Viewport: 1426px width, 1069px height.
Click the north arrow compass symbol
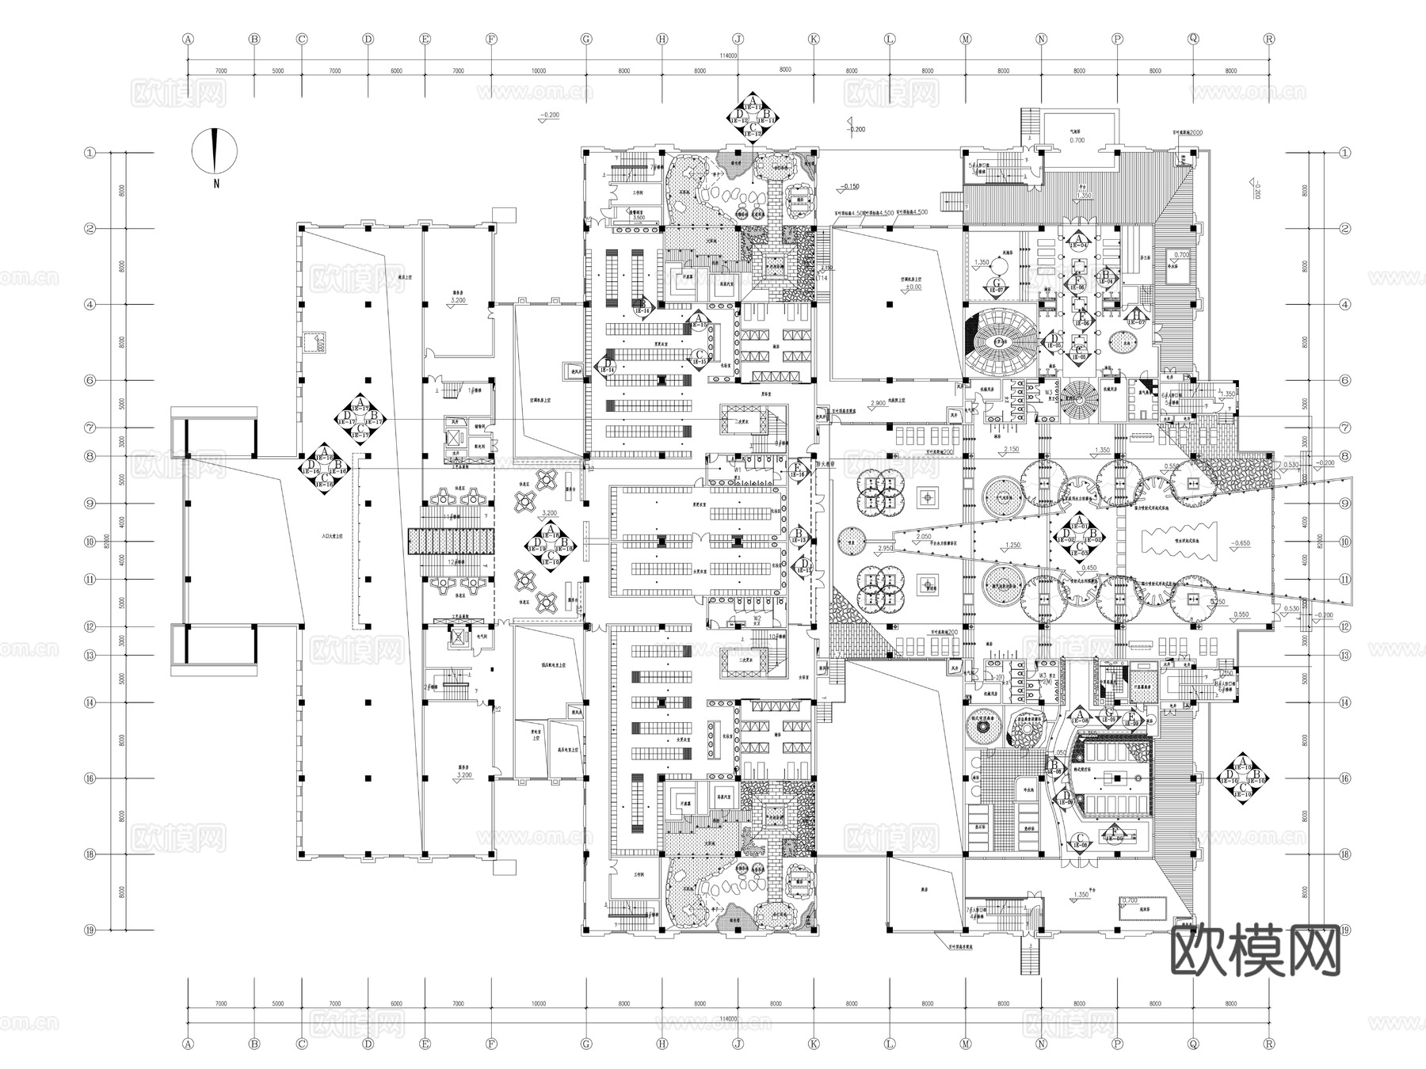[214, 150]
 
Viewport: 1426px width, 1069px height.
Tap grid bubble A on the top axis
[188, 38]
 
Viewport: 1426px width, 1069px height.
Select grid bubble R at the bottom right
[1269, 1044]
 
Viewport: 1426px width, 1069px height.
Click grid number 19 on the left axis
[90, 930]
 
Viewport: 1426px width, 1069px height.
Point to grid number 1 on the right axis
[1344, 153]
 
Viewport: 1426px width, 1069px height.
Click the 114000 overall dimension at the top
[729, 56]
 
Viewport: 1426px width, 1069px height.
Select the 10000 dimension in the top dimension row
[539, 71]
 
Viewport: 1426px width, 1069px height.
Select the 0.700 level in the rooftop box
[1077, 140]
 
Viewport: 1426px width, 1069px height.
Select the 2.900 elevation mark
[878, 404]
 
